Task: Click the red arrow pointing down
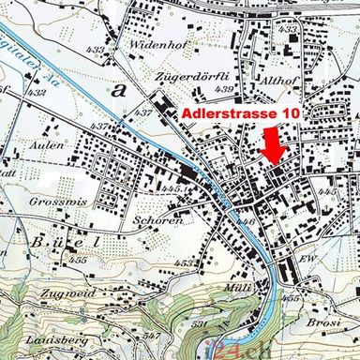click(273, 146)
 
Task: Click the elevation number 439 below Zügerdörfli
click(223, 88)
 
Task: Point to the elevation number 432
click(37, 93)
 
